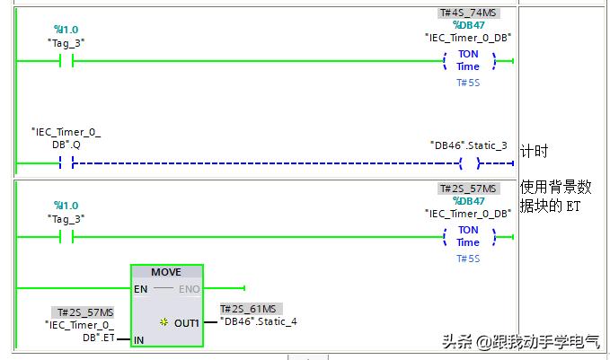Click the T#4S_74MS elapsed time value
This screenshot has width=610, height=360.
467,13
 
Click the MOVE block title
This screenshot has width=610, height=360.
166,272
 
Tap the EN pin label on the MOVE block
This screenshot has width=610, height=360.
141,289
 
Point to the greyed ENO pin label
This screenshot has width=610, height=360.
190,289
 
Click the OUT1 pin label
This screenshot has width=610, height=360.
187,322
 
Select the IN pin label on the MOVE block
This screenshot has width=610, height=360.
138,341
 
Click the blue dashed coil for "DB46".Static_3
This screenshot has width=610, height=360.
468,163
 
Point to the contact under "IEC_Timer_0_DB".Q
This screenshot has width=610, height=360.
66,163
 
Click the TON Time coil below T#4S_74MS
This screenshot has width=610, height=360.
468,60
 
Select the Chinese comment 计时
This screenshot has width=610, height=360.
534,152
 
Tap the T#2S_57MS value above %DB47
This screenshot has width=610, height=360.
467,189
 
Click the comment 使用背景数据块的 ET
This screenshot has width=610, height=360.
556,196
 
